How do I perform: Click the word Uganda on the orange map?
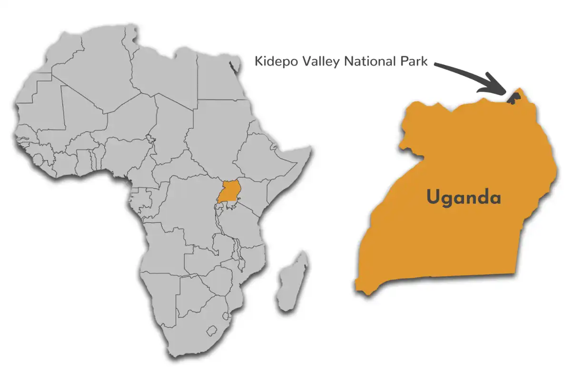point(463,197)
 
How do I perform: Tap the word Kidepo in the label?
point(275,61)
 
